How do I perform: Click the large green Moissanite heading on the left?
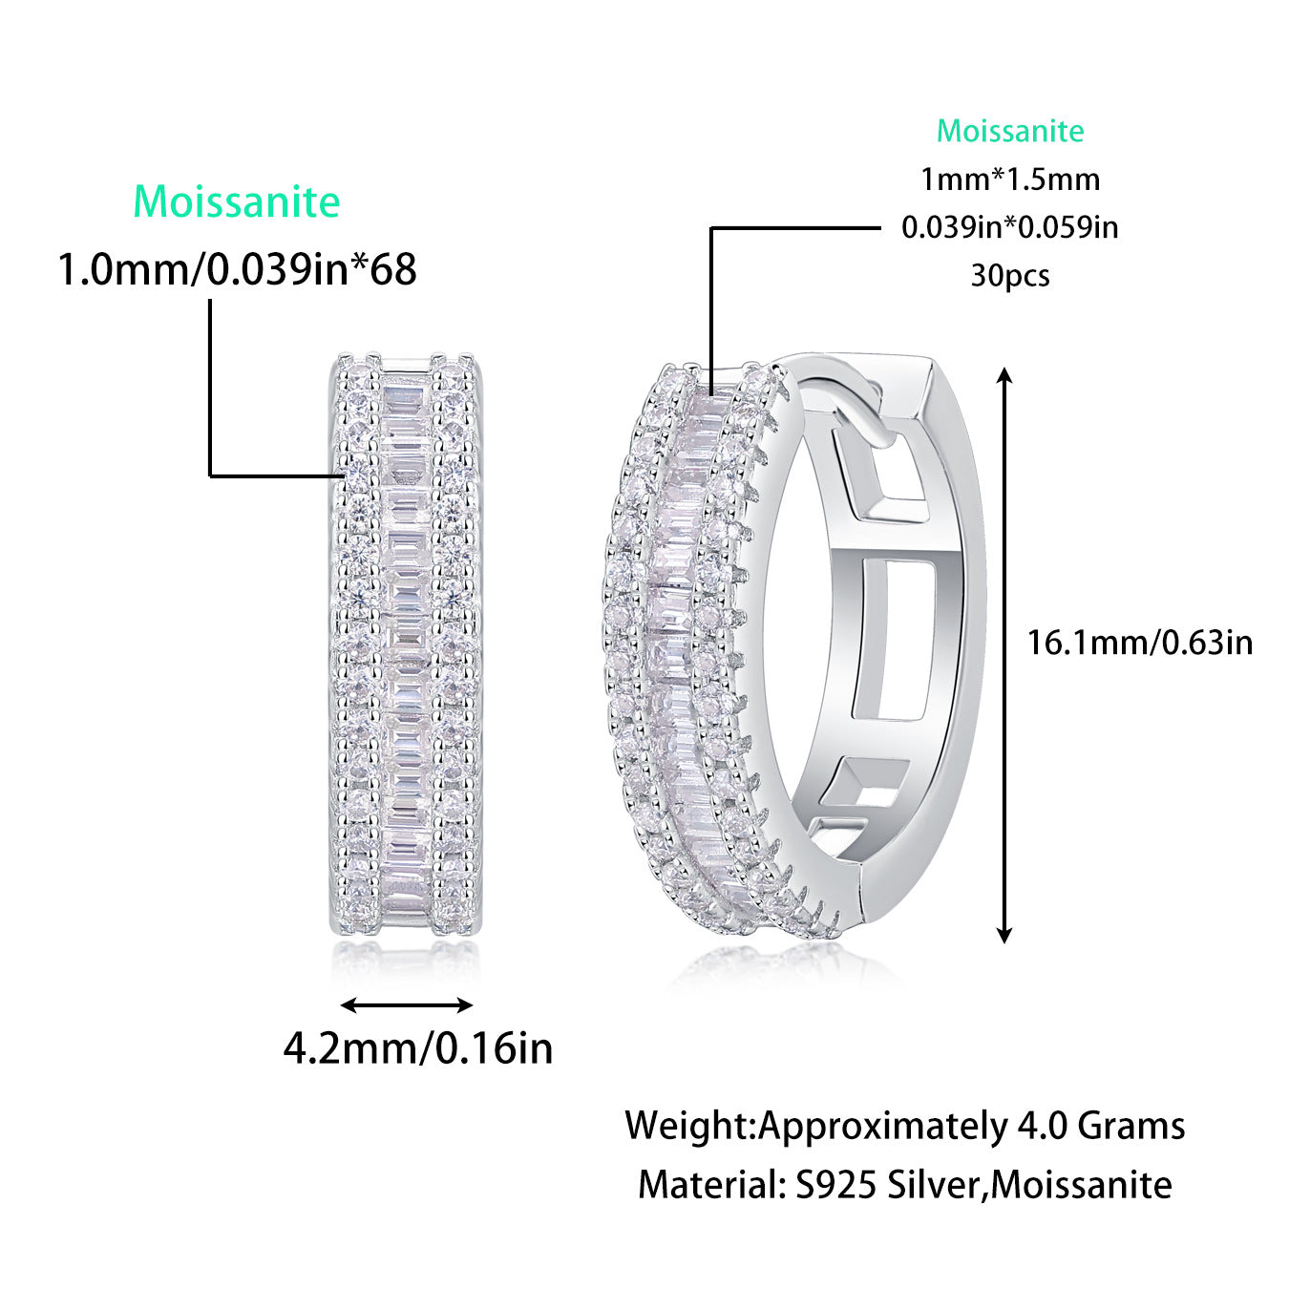click(x=237, y=201)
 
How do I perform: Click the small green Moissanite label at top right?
click(x=1010, y=131)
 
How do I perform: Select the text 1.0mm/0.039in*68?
click(x=238, y=269)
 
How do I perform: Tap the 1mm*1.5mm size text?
click(x=1010, y=180)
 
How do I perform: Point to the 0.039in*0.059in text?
click(x=1010, y=227)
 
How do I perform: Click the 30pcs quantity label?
click(x=1010, y=276)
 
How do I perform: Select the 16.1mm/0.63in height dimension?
click(x=1139, y=642)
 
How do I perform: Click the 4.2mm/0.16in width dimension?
click(x=418, y=1048)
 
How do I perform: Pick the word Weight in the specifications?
click(x=688, y=1126)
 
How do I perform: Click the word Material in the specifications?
click(x=706, y=1185)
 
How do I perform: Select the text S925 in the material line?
click(x=837, y=1185)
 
